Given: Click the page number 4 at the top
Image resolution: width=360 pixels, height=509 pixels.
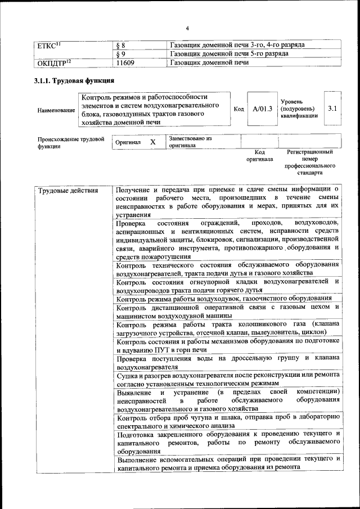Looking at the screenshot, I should (x=188, y=28).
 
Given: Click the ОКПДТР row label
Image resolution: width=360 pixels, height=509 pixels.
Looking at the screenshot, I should (x=54, y=62).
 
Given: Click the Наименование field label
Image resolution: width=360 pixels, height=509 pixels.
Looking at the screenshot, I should (x=56, y=110).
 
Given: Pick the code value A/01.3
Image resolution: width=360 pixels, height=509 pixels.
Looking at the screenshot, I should (x=262, y=109).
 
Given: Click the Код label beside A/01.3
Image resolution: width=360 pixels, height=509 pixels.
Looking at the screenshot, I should (x=238, y=109).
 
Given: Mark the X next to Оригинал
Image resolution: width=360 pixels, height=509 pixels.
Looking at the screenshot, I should (x=153, y=142).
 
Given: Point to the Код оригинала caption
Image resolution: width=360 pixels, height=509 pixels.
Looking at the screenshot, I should (x=259, y=155).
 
